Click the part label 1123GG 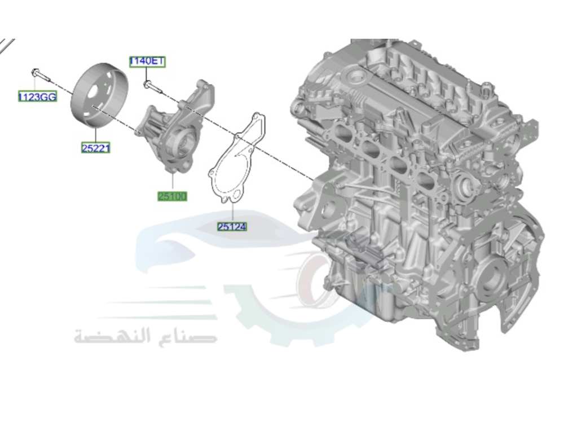pos(37,96)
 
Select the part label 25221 pos(96,148)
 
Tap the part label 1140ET pos(147,61)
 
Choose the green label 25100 pos(172,196)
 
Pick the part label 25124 pos(232,227)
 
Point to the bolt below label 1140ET pos(152,86)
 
